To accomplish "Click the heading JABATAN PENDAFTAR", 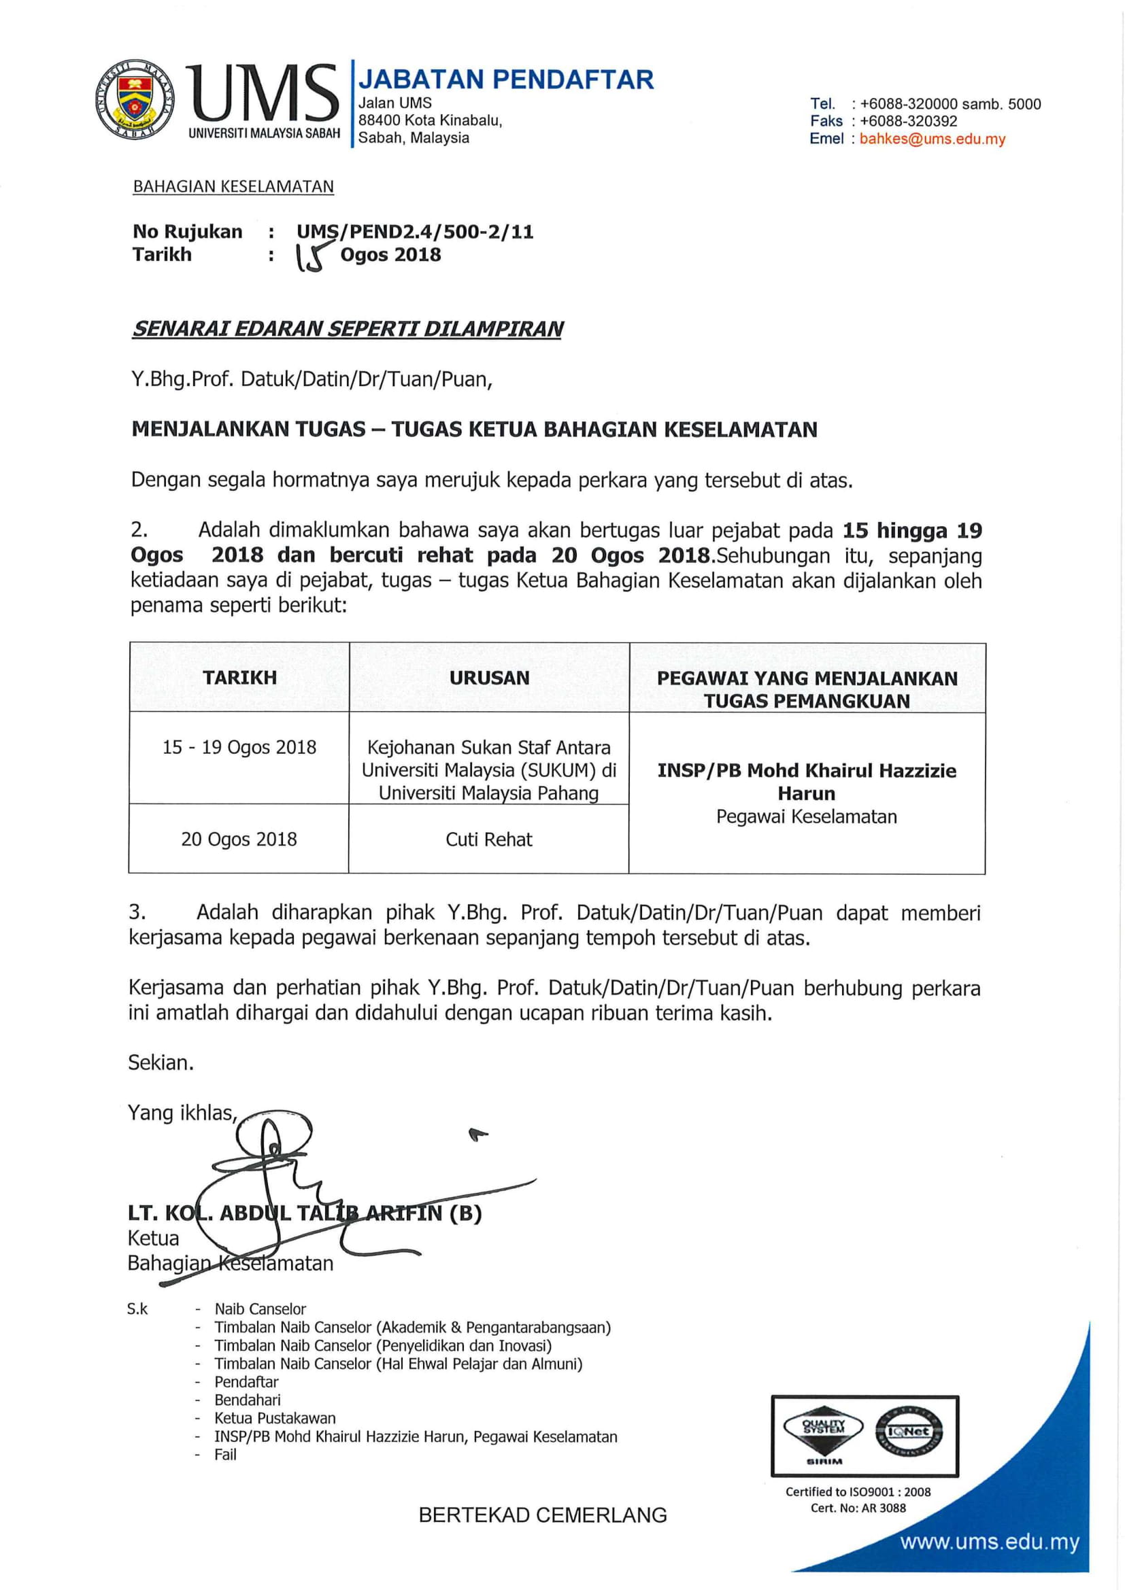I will tap(505, 80).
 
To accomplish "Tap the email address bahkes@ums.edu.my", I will tap(932, 139).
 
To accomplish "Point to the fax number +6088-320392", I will tap(908, 121).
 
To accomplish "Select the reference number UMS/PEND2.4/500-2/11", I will tap(415, 232).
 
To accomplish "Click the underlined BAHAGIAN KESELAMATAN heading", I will tap(233, 187).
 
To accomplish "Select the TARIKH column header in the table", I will tap(239, 678).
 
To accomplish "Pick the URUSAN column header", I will tap(489, 678).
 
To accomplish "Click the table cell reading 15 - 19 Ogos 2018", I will tap(239, 748).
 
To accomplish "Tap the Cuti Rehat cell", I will tap(489, 840).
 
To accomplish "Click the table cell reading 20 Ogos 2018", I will tap(239, 840).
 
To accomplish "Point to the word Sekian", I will tap(161, 1063).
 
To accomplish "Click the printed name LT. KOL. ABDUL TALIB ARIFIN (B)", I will tap(305, 1213).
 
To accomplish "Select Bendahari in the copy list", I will tap(248, 1400).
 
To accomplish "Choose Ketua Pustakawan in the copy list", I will tap(275, 1418).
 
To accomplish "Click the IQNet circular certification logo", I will tap(908, 1432).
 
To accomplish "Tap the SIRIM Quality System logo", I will tap(824, 1431).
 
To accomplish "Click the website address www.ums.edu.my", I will tap(990, 1543).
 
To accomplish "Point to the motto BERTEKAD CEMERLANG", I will tap(542, 1515).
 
